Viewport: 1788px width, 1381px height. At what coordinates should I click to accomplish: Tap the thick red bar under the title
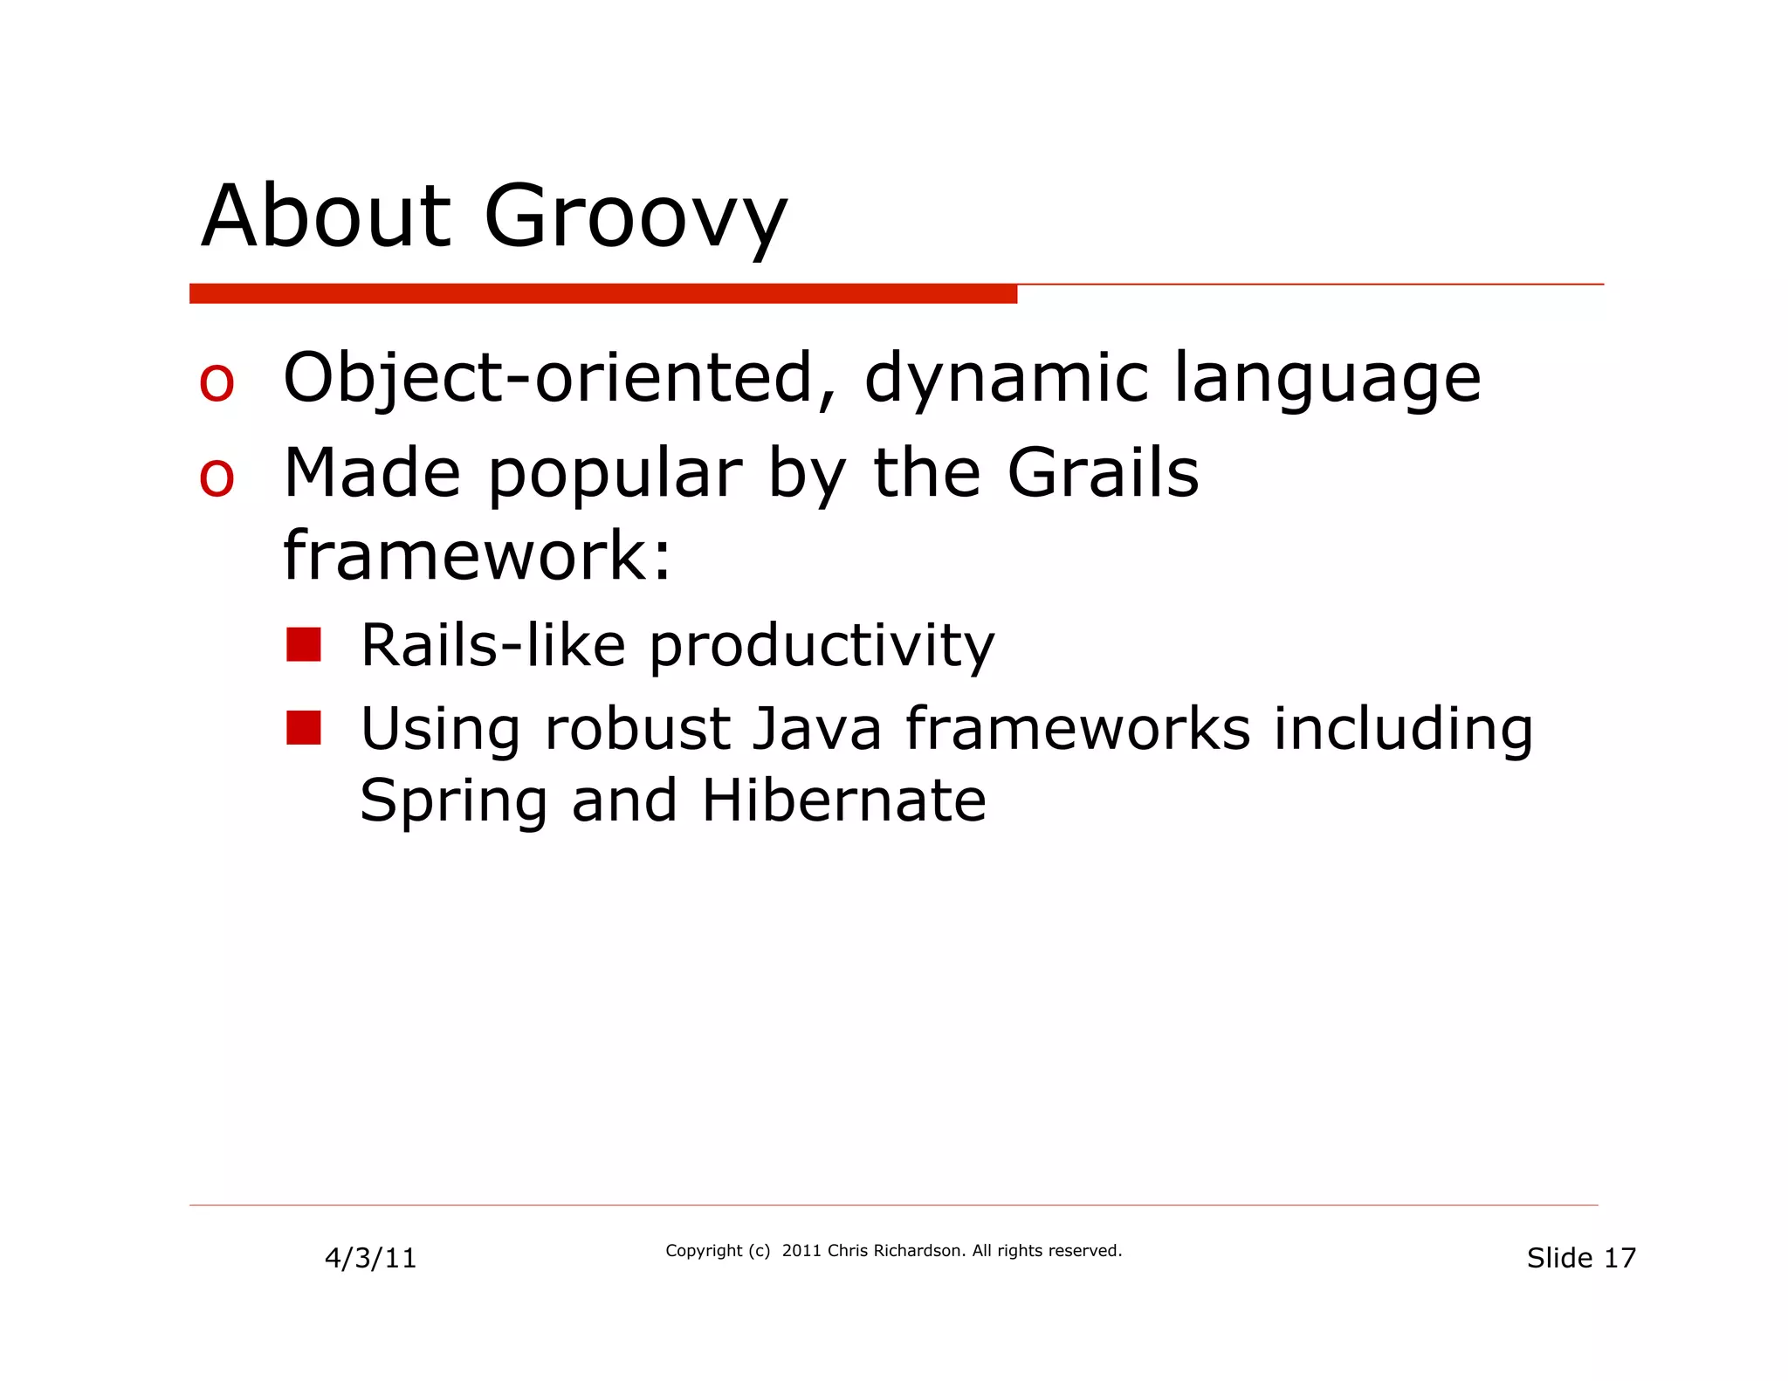coord(602,294)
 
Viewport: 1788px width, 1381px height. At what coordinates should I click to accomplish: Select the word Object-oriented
coord(549,378)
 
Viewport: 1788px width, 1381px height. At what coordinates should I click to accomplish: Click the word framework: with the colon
coord(478,555)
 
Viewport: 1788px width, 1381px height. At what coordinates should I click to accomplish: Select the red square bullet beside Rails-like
coord(304,645)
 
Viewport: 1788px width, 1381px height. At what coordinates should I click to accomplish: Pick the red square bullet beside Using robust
coord(304,728)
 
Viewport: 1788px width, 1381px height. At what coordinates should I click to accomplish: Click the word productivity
coord(822,647)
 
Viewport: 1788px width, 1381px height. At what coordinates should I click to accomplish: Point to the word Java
coord(816,728)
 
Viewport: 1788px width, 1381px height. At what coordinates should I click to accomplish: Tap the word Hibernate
coord(843,800)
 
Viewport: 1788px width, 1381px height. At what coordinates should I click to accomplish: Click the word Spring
coord(453,801)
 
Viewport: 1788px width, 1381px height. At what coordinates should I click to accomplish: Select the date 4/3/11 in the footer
coord(370,1258)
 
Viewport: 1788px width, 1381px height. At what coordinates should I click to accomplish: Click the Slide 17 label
coord(1581,1258)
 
